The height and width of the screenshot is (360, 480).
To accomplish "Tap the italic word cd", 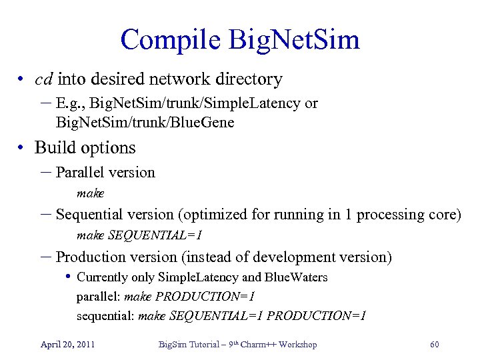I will tap(44, 79).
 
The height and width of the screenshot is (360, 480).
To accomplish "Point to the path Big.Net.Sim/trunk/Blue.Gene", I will tap(145, 122).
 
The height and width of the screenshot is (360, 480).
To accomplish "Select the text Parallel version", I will tap(105, 172).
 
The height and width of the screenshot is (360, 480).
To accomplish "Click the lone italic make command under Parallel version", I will tap(91, 193).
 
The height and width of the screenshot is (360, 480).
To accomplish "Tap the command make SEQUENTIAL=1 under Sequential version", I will tap(139, 235).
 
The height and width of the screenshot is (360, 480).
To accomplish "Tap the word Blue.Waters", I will tap(296, 277).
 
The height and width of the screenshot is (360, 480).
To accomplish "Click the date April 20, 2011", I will tap(67, 344).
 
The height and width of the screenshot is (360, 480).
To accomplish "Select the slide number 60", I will tap(434, 344).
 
